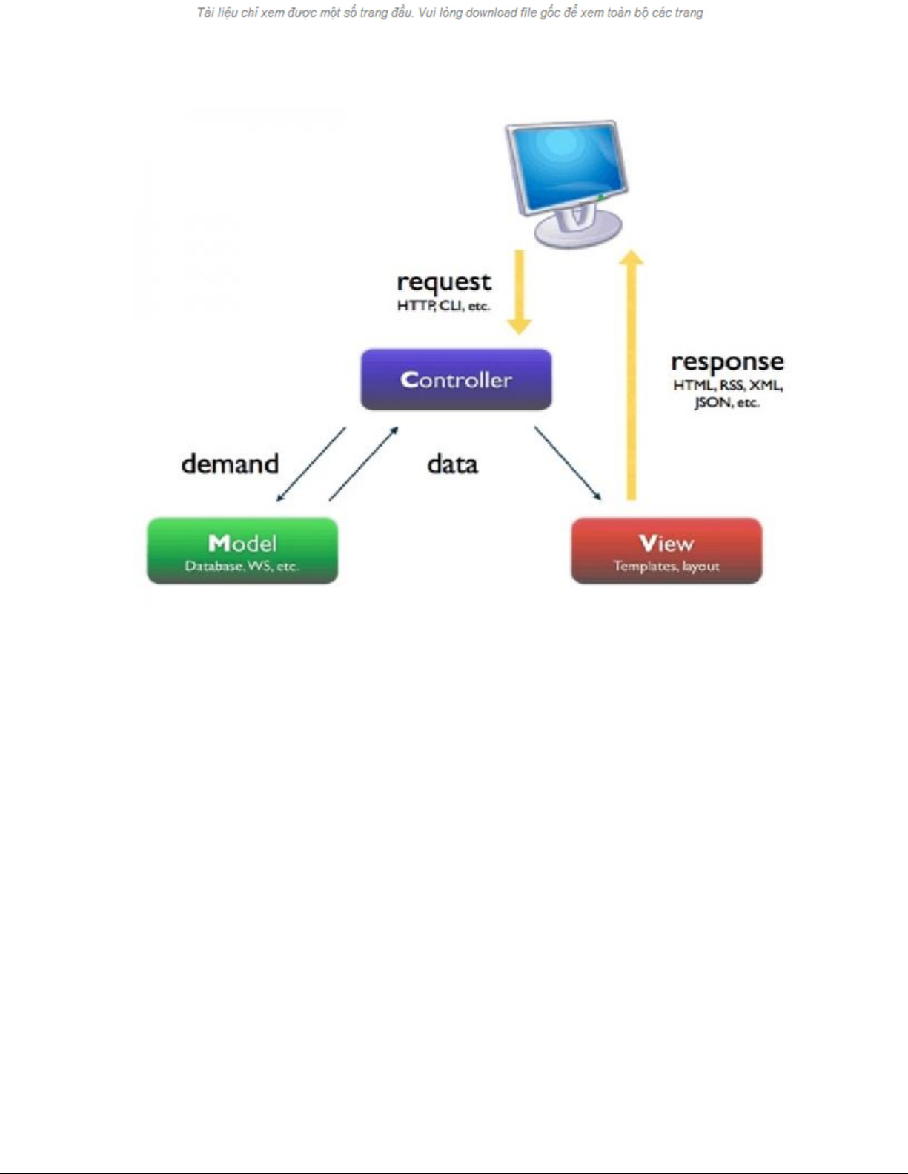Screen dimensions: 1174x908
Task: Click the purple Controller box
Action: click(456, 379)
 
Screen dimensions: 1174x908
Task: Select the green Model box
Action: click(242, 550)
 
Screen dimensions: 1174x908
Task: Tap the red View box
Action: click(666, 550)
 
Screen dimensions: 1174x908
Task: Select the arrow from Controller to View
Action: click(567, 463)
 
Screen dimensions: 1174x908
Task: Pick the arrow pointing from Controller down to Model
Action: click(311, 464)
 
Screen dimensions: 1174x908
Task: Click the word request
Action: click(443, 282)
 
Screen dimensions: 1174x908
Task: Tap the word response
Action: click(727, 361)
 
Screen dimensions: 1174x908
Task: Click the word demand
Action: click(230, 464)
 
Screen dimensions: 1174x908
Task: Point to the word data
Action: click(452, 464)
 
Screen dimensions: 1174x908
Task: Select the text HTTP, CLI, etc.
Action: click(443, 305)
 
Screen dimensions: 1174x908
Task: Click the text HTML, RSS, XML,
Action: click(728, 385)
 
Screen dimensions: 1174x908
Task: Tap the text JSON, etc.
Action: click(726, 402)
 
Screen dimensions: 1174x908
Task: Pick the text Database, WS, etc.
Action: click(242, 566)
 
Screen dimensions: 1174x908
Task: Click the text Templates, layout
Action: click(666, 566)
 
